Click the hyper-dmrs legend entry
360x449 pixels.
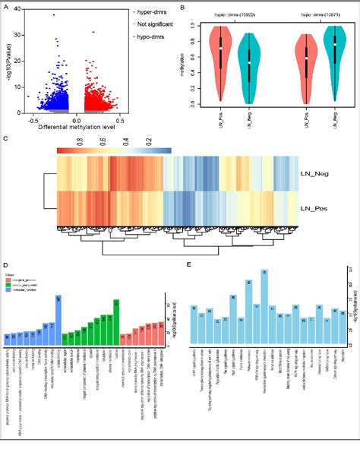(151, 13)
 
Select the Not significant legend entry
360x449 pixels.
(154, 25)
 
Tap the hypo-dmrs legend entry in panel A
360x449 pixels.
(150, 36)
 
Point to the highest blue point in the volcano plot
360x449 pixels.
(53, 15)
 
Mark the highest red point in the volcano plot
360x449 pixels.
(93, 32)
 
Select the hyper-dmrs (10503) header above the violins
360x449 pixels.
(227, 14)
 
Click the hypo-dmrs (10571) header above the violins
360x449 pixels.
(311, 14)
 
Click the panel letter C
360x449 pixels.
(6, 138)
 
